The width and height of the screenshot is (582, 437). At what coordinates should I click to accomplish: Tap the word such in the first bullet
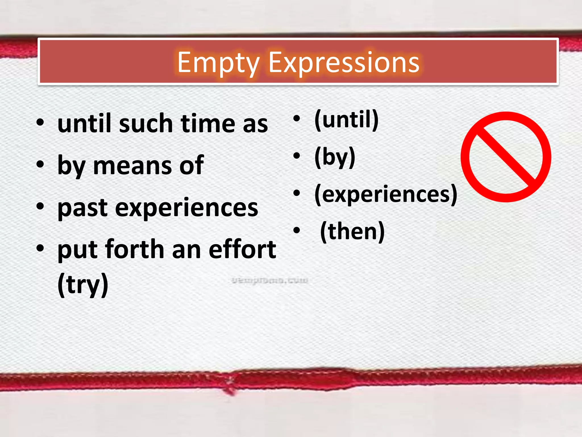point(146,124)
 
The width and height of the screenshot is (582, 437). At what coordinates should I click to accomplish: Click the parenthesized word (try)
point(83,285)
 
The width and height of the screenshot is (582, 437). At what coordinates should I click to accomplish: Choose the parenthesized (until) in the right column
point(346,120)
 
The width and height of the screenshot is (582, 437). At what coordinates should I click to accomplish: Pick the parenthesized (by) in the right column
point(335,157)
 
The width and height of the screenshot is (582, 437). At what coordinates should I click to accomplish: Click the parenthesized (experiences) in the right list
point(386,195)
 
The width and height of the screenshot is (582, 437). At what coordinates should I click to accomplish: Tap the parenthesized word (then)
point(352,232)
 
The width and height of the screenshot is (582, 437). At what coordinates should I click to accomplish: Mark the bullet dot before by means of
point(40,164)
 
